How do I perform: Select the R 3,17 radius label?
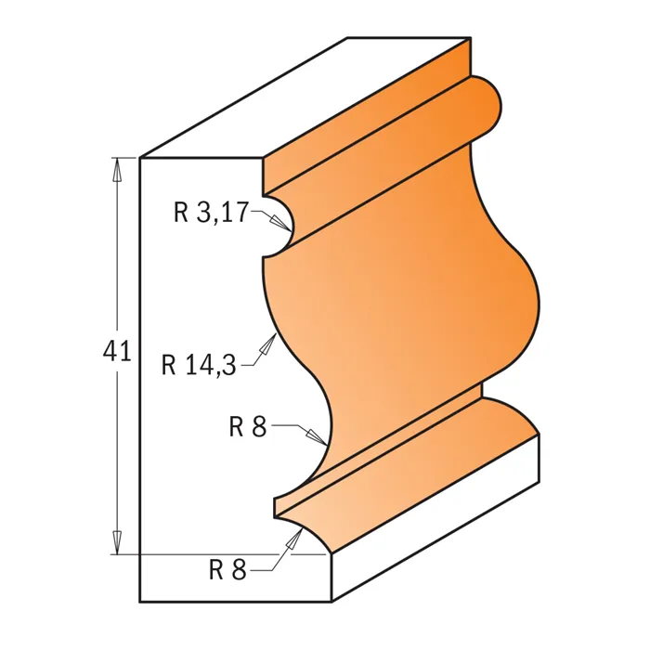tap(211, 213)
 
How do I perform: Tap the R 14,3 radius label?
tap(199, 365)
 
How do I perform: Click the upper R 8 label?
tap(248, 426)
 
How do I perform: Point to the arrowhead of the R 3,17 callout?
tap(280, 223)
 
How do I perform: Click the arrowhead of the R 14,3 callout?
tap(268, 344)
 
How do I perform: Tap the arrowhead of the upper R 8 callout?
tap(317, 437)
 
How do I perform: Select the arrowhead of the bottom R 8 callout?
tap(295, 539)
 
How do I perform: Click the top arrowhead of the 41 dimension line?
tap(118, 169)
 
